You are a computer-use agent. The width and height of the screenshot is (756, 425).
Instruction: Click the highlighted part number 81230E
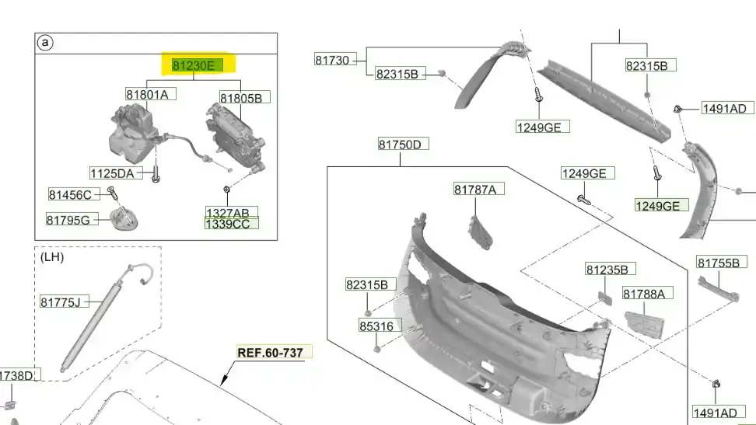click(x=194, y=65)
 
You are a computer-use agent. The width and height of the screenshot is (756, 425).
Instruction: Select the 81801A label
click(x=147, y=95)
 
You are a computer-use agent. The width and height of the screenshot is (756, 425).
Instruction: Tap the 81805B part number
click(x=241, y=99)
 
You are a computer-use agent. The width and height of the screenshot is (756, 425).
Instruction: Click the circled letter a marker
click(x=45, y=43)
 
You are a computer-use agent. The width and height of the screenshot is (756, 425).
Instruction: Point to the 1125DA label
click(x=112, y=173)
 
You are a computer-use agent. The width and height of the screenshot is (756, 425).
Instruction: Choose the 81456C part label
click(x=70, y=195)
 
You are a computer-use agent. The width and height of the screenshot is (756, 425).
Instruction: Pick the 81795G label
click(x=68, y=220)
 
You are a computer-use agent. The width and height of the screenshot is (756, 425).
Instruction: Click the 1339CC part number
click(x=228, y=224)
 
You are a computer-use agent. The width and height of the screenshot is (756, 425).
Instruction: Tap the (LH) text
click(x=52, y=257)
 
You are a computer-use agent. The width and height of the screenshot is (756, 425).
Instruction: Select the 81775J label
click(x=60, y=302)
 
